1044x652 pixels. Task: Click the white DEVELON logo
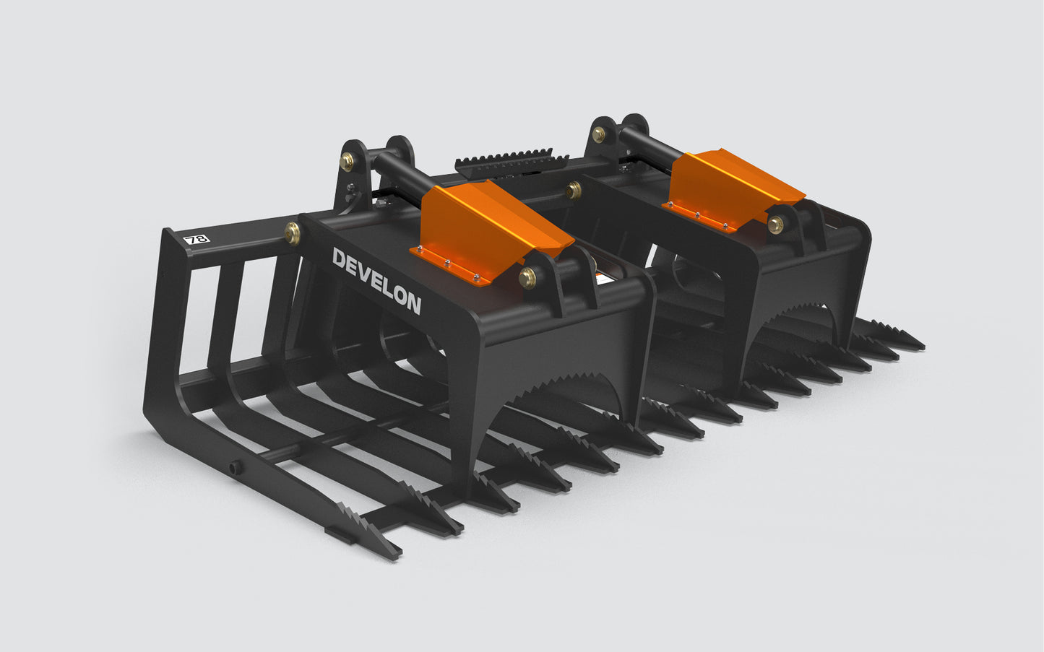(376, 281)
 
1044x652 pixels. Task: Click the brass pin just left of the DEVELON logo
(293, 232)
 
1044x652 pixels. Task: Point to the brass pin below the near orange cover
(528, 274)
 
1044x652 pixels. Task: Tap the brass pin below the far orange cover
(777, 224)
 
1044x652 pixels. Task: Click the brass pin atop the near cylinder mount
(348, 161)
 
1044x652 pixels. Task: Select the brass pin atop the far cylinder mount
(599, 134)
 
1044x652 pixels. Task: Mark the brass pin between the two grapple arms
(574, 190)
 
